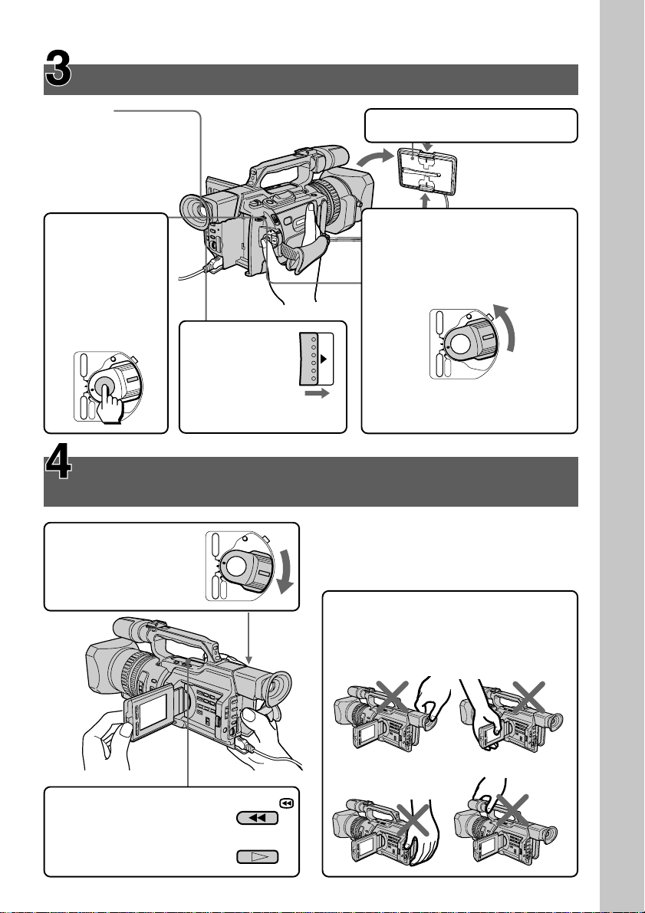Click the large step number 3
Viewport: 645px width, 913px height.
tap(58, 69)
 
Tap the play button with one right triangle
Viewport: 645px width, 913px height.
tap(258, 857)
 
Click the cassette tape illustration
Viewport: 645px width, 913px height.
tap(426, 173)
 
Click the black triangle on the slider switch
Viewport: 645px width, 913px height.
tap(323, 360)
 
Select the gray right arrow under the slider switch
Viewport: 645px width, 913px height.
tap(318, 394)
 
